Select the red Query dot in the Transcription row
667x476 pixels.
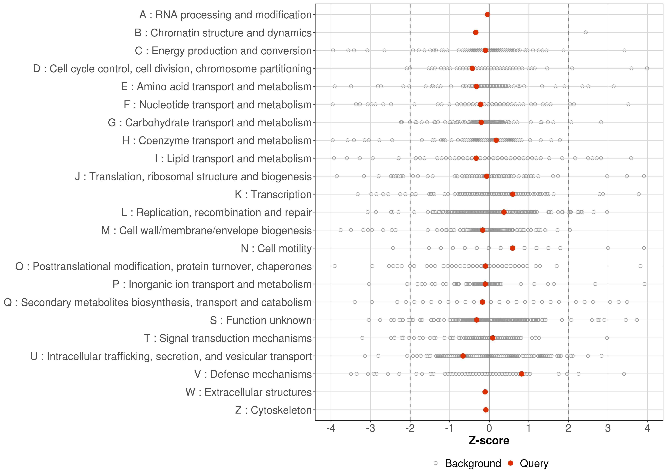tap(512, 194)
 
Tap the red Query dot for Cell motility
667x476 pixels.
tap(512, 248)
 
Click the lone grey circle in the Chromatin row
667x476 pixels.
tap(586, 32)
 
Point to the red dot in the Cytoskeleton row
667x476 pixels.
tap(486, 410)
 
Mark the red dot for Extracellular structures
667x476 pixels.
tap(485, 392)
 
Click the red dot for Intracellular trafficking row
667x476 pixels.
tap(463, 356)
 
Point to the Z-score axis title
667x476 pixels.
tap(489, 440)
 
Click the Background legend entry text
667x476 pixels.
tap(473, 463)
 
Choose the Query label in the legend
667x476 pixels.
tap(534, 463)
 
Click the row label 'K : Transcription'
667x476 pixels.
tap(273, 194)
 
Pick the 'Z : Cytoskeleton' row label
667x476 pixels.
tap(273, 410)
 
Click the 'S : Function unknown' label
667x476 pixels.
tap(261, 320)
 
